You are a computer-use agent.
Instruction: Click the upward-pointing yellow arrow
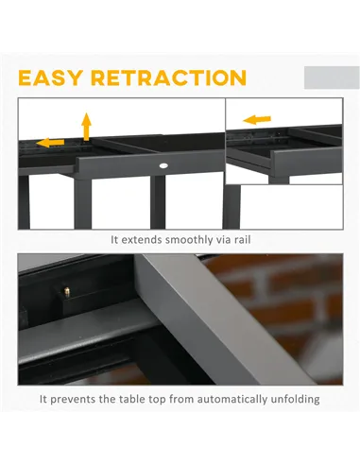(86, 126)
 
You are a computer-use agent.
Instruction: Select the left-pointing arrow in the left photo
(51, 143)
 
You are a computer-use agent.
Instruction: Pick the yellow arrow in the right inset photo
(256, 120)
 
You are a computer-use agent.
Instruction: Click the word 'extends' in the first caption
(145, 240)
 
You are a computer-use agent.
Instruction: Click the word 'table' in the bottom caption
(158, 399)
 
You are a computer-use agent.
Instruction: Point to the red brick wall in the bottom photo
(293, 293)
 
